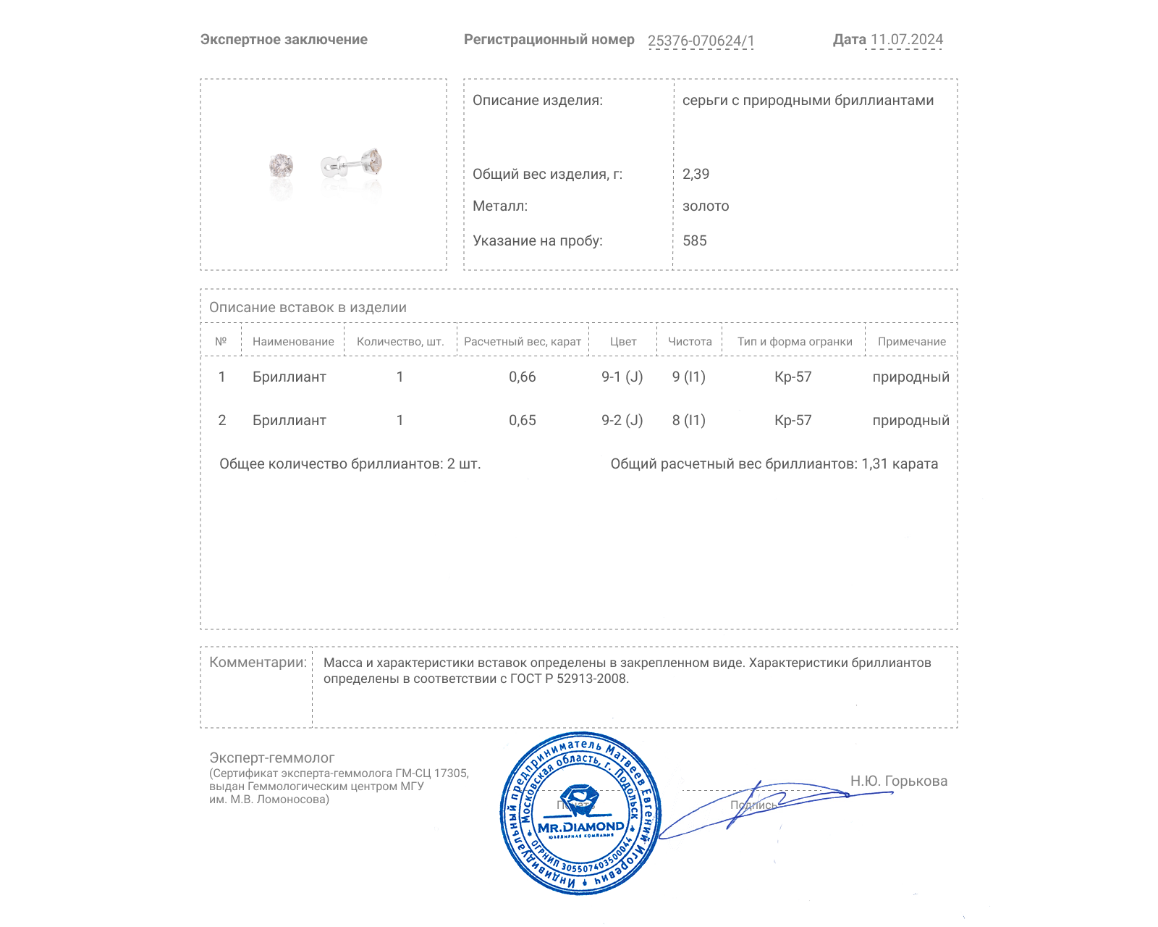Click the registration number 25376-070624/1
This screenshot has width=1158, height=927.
point(701,41)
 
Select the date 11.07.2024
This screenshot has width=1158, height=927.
point(906,40)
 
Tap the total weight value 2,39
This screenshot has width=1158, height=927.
point(696,174)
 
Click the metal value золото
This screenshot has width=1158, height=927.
point(706,206)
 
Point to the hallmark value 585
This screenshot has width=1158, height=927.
point(694,240)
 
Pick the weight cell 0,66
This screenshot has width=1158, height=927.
point(522,377)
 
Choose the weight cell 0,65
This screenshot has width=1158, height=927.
point(522,420)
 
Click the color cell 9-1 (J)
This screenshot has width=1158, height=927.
point(622,377)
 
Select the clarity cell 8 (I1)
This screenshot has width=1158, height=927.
point(688,420)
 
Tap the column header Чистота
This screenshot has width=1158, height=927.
point(690,342)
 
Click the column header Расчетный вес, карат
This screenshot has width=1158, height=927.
point(522,342)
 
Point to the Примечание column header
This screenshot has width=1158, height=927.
point(911,342)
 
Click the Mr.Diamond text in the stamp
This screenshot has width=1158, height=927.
point(580,827)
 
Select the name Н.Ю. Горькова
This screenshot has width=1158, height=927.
point(898,781)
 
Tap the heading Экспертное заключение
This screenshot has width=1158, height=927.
point(284,40)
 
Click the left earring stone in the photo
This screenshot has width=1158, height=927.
point(281,165)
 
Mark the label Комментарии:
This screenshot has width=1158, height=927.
point(258,662)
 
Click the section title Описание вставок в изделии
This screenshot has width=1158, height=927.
point(308,307)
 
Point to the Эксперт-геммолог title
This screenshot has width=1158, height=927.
point(271,758)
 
